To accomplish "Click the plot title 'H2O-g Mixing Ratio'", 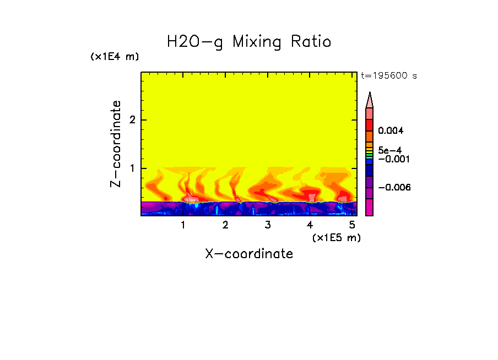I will tap(249, 42).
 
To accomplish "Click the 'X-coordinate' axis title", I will tap(249, 254).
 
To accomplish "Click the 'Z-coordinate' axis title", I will tap(116, 144).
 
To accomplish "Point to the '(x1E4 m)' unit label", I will tap(115, 57).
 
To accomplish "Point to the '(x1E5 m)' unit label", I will tap(336, 237).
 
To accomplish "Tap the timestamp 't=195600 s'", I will tap(388, 75).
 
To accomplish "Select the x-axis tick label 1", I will tap(183, 225).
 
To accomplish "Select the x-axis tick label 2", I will tap(225, 225).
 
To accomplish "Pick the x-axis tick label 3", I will tap(267, 225).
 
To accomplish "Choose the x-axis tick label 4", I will tap(310, 225).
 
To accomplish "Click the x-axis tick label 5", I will tap(351, 225).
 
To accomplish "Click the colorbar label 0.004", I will tap(391, 131).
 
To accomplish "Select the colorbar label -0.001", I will tap(392, 159).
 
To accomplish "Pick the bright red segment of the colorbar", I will tap(370, 125).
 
